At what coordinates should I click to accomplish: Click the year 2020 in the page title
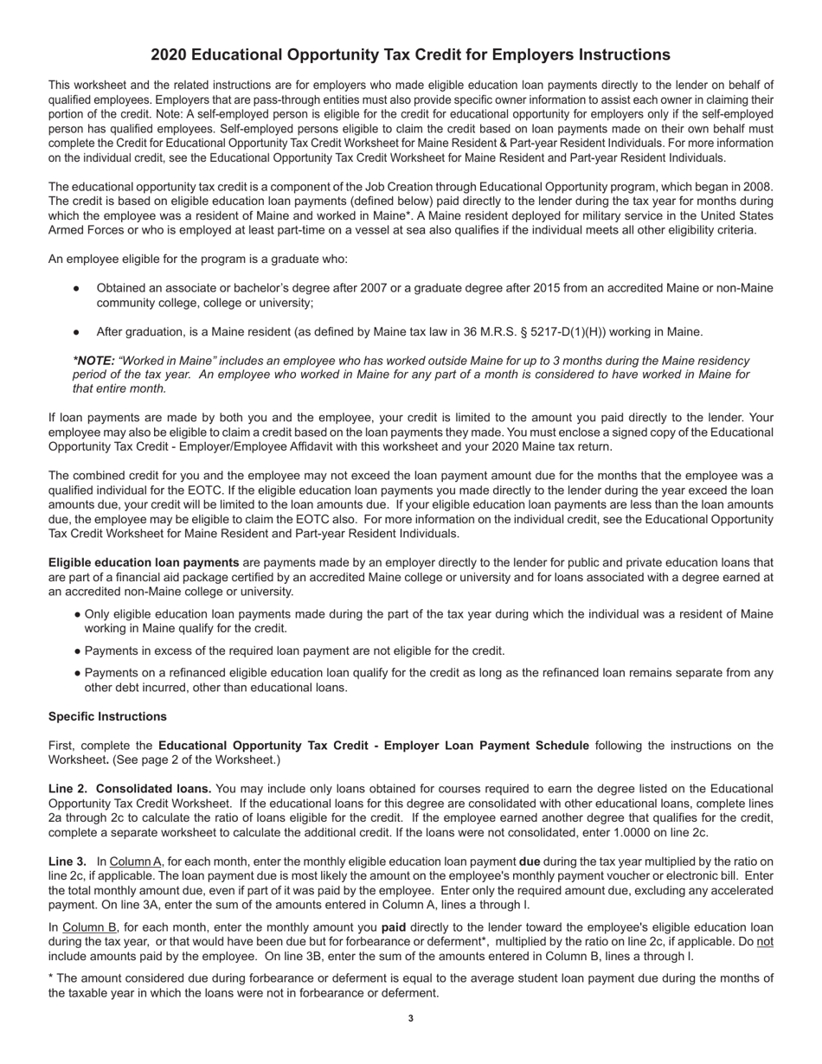tap(168, 55)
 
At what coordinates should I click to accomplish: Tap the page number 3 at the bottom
tap(410, 1018)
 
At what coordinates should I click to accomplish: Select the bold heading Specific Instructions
tap(107, 716)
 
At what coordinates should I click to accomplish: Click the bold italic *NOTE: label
tap(93, 360)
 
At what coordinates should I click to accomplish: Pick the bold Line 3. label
tap(67, 861)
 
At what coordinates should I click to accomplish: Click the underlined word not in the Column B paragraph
tap(765, 941)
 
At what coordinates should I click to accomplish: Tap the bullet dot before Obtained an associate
tap(77, 288)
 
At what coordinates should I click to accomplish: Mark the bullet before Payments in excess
tap(78, 651)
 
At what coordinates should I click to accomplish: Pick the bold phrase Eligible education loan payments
tap(144, 562)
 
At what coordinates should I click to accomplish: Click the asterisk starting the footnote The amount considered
tap(51, 977)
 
